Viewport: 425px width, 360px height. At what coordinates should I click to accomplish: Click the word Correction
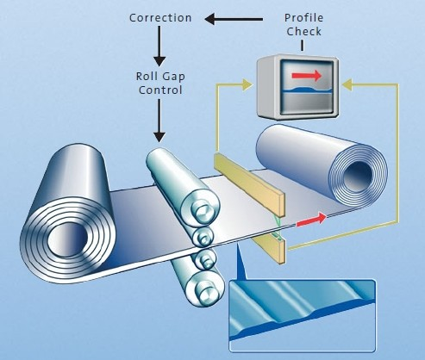tap(160, 18)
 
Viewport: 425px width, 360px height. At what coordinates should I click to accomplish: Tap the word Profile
tap(303, 18)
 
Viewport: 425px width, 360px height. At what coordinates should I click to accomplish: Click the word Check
tap(303, 31)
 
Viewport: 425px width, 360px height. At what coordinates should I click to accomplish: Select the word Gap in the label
tap(173, 77)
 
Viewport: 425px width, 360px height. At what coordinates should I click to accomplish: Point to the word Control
tap(160, 90)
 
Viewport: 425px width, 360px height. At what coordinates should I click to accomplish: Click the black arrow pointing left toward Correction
tap(234, 19)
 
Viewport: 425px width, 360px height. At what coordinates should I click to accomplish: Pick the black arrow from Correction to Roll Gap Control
tap(159, 47)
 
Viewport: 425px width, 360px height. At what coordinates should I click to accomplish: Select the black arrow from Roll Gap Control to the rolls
tap(159, 121)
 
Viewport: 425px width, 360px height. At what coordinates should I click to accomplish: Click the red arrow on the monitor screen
tap(306, 76)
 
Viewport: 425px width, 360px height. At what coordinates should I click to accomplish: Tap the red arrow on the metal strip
tap(311, 220)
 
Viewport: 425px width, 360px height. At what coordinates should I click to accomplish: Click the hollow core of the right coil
tap(358, 174)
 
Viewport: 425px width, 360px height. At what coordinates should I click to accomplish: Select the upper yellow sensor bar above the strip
tap(249, 184)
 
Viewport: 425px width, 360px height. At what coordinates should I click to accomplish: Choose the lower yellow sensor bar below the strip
tap(269, 248)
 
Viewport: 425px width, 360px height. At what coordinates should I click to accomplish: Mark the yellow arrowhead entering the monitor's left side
tap(247, 84)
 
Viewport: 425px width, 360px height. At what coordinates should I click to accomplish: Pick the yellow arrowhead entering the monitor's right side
tap(347, 84)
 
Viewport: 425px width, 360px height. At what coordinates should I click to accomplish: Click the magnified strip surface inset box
tap(303, 316)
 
